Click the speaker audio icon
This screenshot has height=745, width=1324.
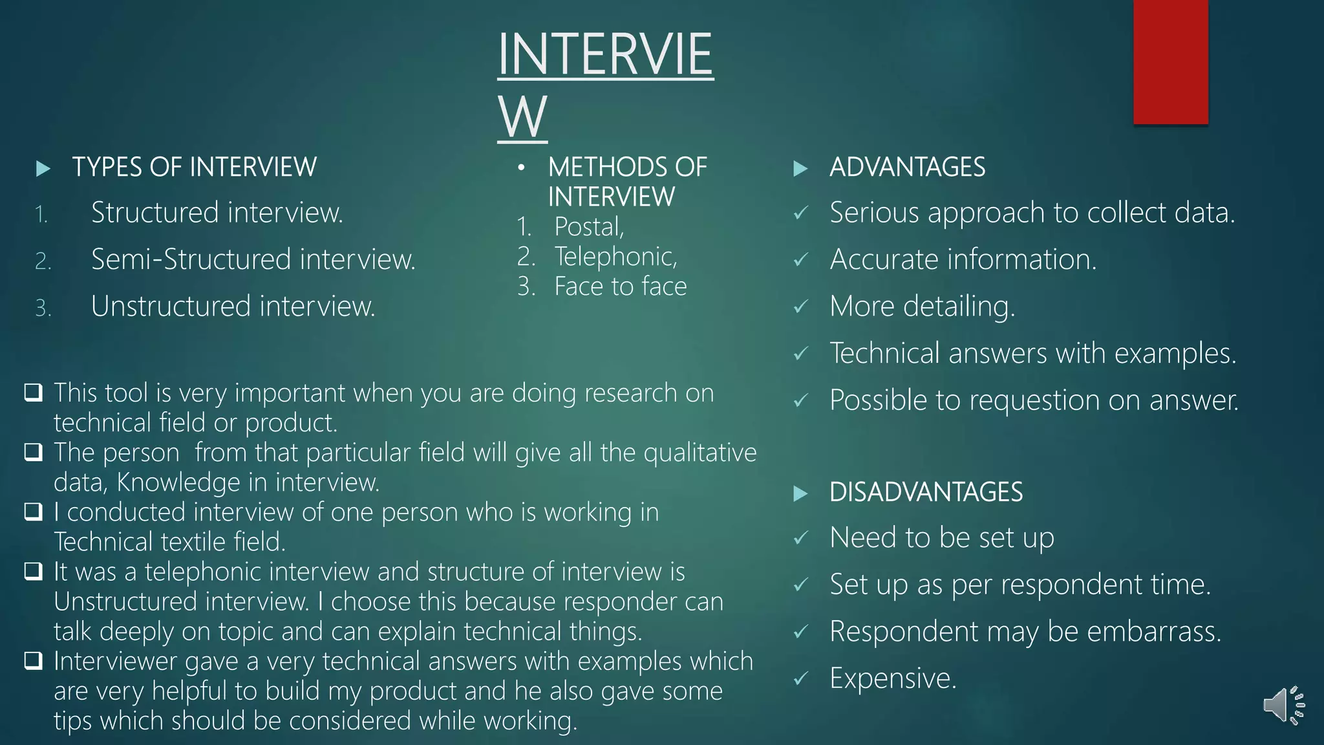pyautogui.click(x=1283, y=705)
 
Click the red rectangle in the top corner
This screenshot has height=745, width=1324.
pyautogui.click(x=1170, y=61)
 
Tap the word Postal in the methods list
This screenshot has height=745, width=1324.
pyautogui.click(x=588, y=227)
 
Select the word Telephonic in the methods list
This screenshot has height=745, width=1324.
pyautogui.click(x=615, y=257)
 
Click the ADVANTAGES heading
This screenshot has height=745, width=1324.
pyautogui.click(x=907, y=167)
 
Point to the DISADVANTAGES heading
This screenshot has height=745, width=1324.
pyautogui.click(x=926, y=493)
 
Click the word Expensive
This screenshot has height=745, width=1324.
pyautogui.click(x=892, y=678)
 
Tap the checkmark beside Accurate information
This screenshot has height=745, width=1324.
pyautogui.click(x=801, y=260)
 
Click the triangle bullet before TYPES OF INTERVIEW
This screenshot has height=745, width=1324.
pyautogui.click(x=43, y=169)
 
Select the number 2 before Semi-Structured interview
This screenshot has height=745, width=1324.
pyautogui.click(x=43, y=261)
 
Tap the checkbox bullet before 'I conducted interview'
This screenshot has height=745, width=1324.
pyautogui.click(x=34, y=512)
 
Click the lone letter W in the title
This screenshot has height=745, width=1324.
pyautogui.click(x=522, y=116)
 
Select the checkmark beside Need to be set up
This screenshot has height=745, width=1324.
pyautogui.click(x=801, y=538)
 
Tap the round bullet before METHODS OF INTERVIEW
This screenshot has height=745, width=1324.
pyautogui.click(x=521, y=168)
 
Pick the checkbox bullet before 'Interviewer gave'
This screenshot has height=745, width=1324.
pyautogui.click(x=34, y=661)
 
